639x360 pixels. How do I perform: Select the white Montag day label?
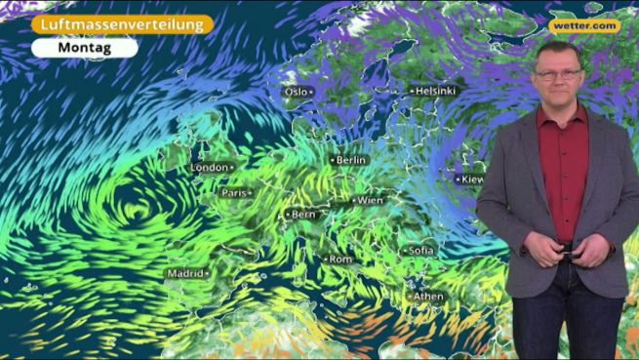84,47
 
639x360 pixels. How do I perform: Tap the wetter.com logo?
583,26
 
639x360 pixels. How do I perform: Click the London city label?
210,168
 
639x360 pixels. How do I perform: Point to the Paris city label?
235,193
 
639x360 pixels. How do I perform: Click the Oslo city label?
296,92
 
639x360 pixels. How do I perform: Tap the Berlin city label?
349,159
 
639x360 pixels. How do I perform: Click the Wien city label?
369,200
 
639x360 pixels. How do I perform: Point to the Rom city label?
339,260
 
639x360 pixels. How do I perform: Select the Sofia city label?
420,251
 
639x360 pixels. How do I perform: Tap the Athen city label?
427,297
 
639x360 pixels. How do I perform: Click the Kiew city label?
471,180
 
